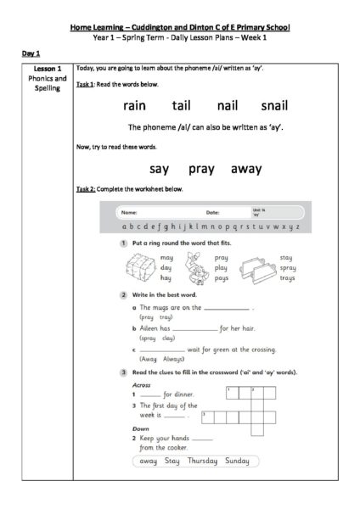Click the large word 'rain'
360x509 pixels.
click(136, 106)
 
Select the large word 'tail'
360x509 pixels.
click(182, 106)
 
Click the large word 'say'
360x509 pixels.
click(159, 169)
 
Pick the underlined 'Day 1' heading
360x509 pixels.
click(31, 53)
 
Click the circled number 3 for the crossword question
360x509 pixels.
click(124, 372)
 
